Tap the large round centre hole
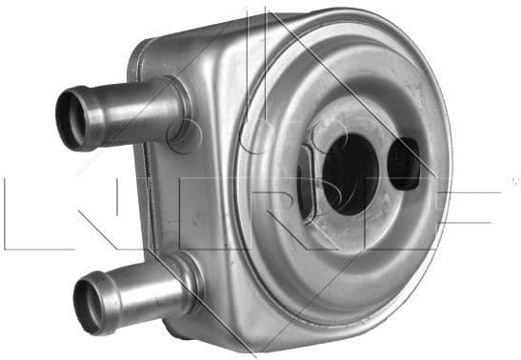tap(349, 171)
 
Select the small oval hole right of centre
tap(406, 164)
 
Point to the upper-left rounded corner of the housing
tap(143, 48)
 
